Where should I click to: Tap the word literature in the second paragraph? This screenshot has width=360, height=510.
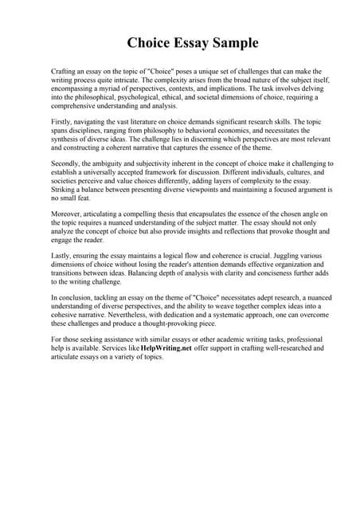pos(148,121)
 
